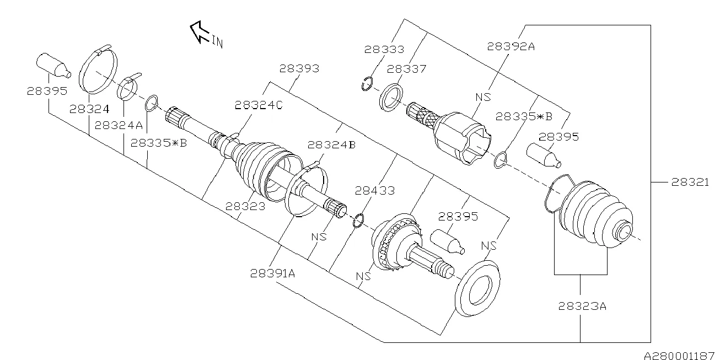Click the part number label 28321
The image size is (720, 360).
pyautogui.click(x=692, y=182)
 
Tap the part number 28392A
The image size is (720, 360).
pyautogui.click(x=511, y=47)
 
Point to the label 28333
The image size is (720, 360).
pyautogui.click(x=384, y=50)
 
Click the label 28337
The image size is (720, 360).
pyautogui.click(x=406, y=69)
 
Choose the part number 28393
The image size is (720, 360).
pyautogui.click(x=299, y=69)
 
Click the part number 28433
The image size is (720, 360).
pyautogui.click(x=375, y=191)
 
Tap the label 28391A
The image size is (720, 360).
pyautogui.click(x=273, y=273)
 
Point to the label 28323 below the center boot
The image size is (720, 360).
pyautogui.click(x=245, y=206)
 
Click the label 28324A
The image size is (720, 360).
pyautogui.click(x=119, y=125)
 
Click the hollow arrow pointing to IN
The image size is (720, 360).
pyautogui.click(x=198, y=31)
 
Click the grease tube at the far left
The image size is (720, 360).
pyautogui.click(x=53, y=64)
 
